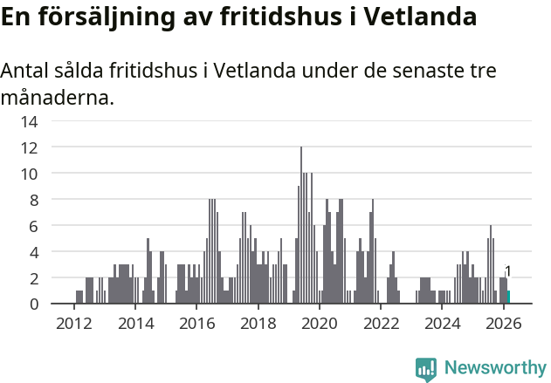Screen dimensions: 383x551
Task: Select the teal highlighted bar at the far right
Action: click(508, 297)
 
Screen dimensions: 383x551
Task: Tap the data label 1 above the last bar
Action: click(508, 271)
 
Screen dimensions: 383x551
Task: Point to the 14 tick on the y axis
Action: click(30, 121)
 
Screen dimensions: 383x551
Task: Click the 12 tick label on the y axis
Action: click(30, 147)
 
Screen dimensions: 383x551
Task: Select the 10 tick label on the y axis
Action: click(30, 174)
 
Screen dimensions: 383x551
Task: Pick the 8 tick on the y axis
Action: click(33, 200)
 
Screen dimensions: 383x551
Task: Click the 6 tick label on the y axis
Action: click(33, 226)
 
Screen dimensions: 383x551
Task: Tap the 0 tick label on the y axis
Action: click(33, 304)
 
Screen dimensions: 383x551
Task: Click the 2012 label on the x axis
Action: click(73, 324)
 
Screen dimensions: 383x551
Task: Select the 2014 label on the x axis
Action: click(134, 324)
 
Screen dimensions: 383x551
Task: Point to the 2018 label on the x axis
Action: click(258, 324)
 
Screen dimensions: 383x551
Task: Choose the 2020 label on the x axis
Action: click(320, 324)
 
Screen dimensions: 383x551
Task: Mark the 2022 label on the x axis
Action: click(381, 324)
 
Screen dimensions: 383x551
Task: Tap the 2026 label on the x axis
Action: click(504, 324)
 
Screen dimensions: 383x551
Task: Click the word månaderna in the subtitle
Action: click(57, 97)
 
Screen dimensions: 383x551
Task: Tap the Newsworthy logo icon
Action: click(426, 369)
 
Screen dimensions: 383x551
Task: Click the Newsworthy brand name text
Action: click(494, 368)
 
